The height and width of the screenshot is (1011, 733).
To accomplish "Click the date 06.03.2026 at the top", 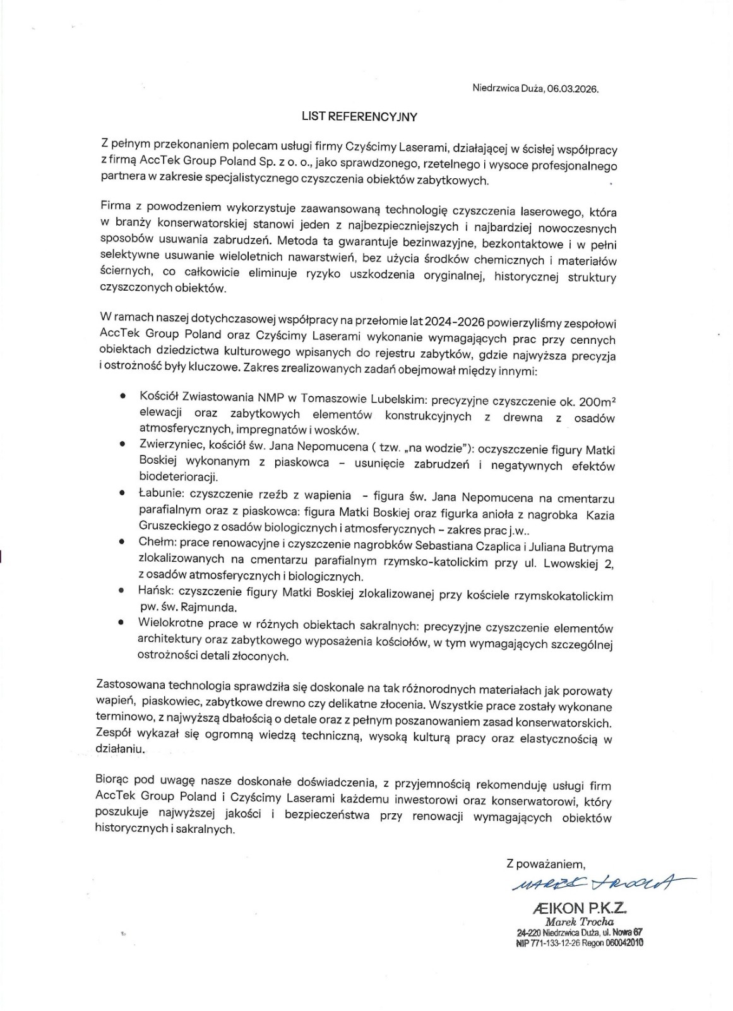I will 573,89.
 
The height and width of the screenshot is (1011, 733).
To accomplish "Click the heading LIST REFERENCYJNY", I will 359,116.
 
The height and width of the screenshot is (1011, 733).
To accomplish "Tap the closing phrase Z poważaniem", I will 546,862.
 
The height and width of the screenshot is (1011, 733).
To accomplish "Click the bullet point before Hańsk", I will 122,590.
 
